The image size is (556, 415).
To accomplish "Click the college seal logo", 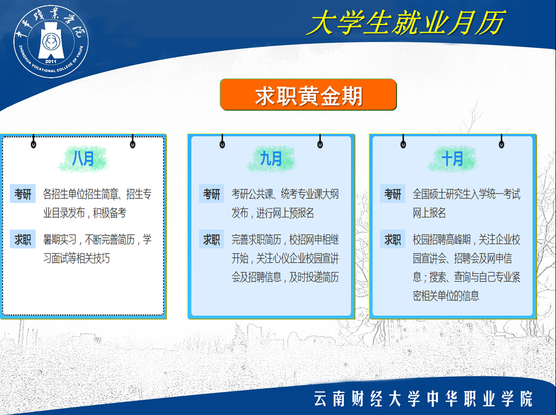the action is point(51,42).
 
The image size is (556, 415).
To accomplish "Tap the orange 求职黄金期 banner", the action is point(308,94).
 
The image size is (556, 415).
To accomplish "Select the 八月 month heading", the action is point(83,159).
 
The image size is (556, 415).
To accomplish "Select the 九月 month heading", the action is point(271,159).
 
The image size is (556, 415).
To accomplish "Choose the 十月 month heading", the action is point(452,159).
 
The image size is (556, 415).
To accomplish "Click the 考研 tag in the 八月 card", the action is point(23,194).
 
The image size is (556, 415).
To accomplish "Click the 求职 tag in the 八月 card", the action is point(23,239).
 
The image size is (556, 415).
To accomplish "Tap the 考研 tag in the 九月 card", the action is point(211,194).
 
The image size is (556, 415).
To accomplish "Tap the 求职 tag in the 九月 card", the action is point(211,239).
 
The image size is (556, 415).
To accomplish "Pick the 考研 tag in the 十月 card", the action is point(392,194).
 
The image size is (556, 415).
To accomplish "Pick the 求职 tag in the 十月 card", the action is point(392,239).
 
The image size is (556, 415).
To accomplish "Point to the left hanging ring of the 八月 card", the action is point(33,145).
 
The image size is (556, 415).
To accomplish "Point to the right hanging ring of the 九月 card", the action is point(320,145).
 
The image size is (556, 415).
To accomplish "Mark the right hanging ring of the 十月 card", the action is point(501,145).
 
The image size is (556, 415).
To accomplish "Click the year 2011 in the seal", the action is point(51,62).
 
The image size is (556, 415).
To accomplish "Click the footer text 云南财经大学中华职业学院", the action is point(423,399).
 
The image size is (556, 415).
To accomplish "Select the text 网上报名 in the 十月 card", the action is point(429,213).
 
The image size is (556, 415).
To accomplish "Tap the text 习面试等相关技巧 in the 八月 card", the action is point(76,258).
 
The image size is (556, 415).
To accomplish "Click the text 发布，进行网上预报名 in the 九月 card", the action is point(272,213).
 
